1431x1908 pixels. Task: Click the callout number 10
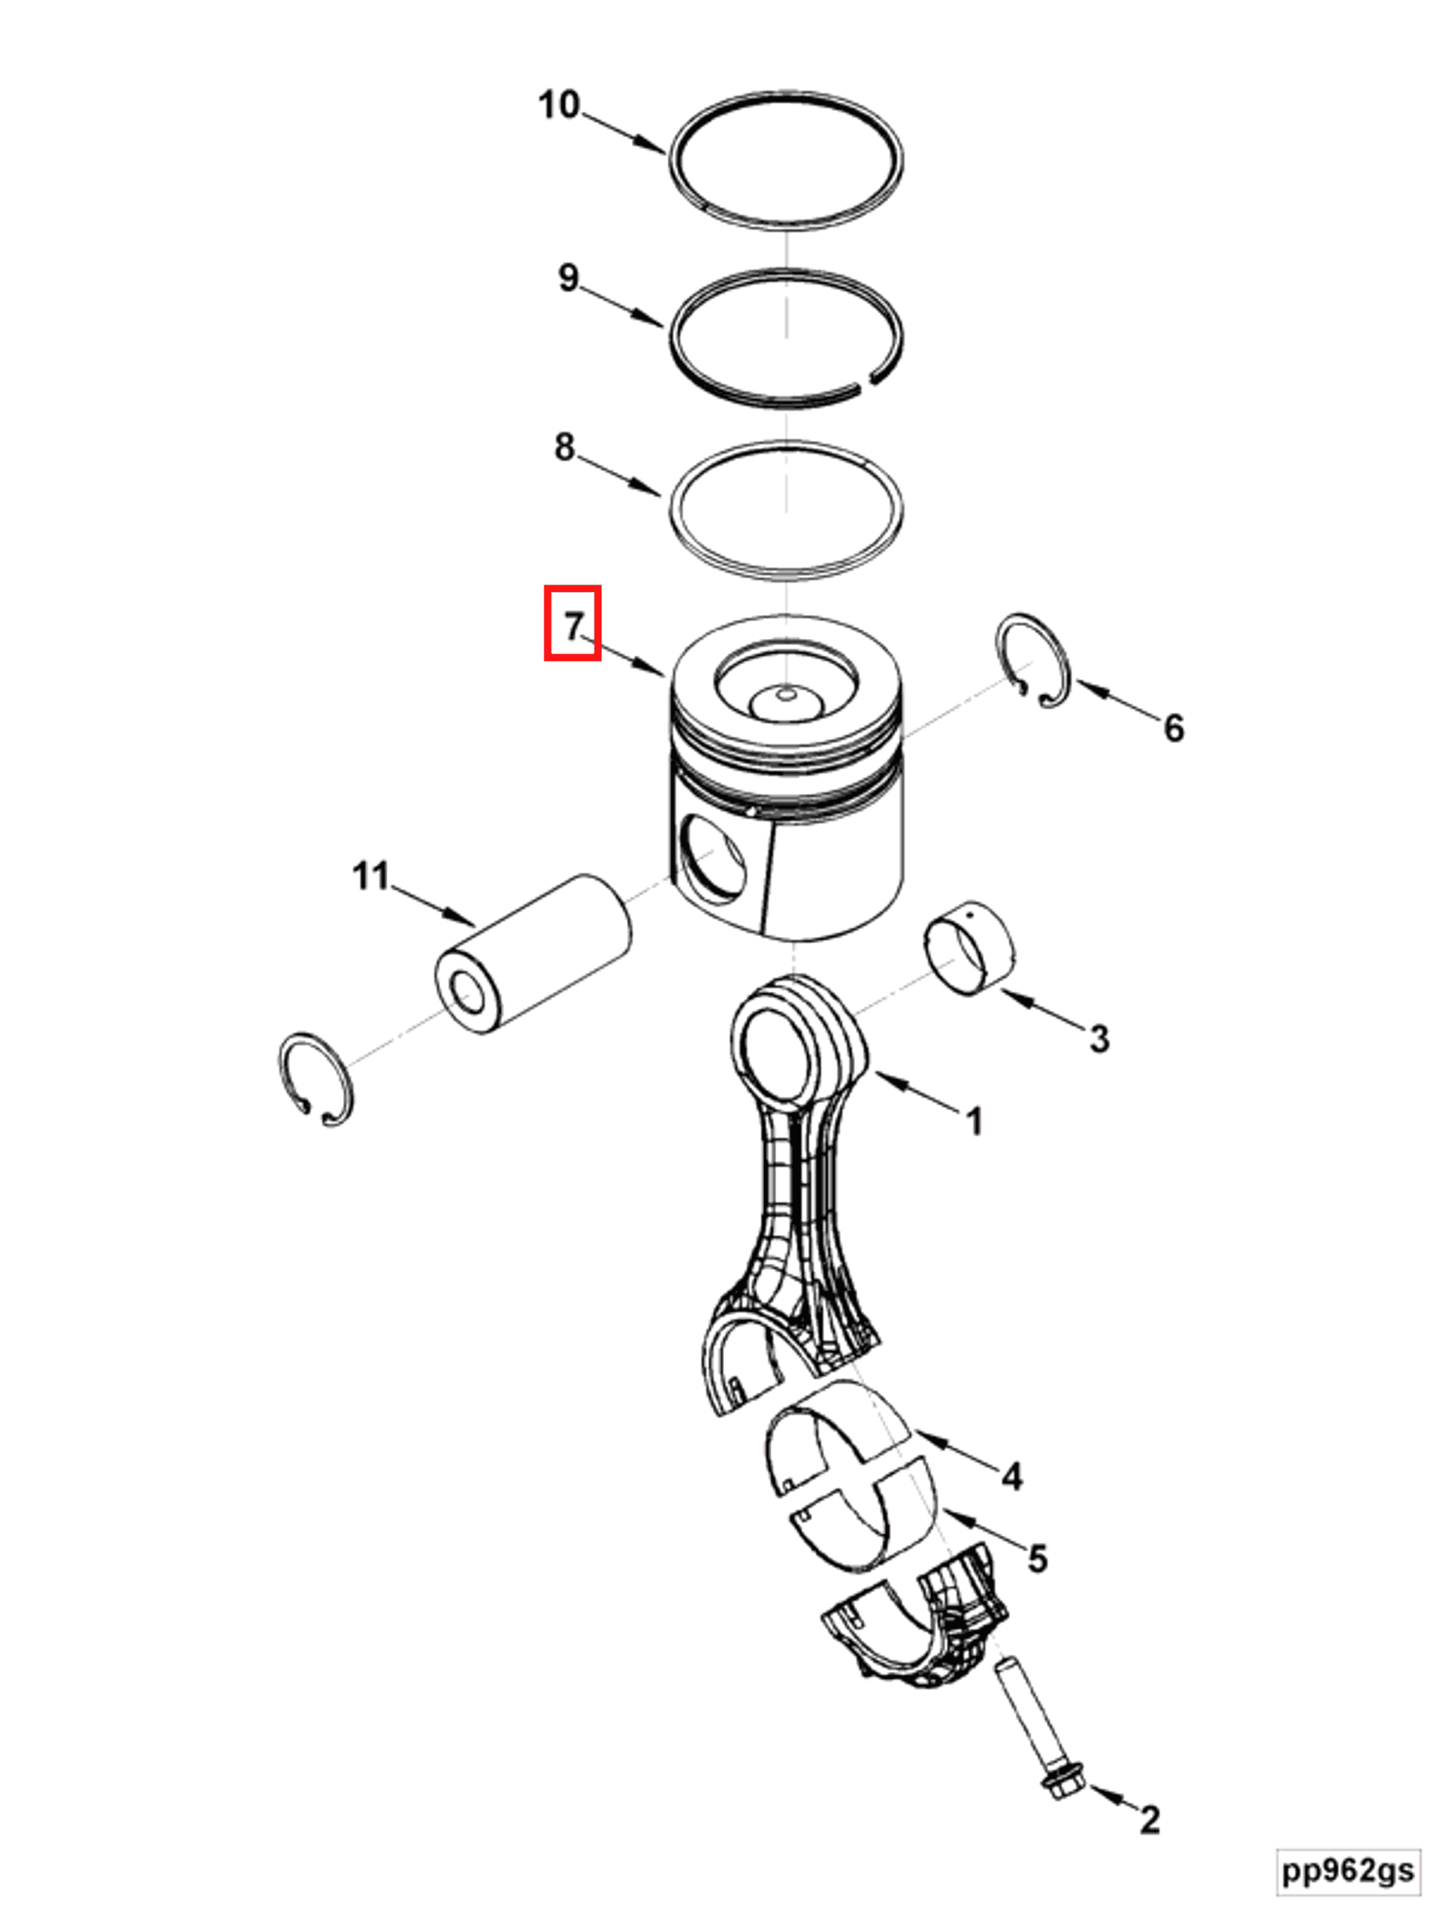point(559,106)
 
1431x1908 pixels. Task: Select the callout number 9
point(568,278)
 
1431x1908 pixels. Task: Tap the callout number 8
point(564,447)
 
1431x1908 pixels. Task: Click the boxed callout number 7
point(572,624)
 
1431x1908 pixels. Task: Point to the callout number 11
point(371,876)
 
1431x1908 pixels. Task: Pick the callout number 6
point(1174,728)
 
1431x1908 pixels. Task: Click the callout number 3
point(1099,1038)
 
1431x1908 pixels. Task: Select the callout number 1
point(974,1122)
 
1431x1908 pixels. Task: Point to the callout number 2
point(1150,1820)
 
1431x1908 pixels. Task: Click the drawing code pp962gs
point(1348,1870)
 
